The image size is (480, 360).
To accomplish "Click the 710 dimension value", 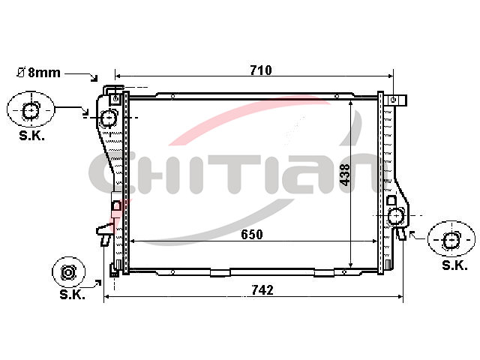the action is pyautogui.click(x=261, y=70).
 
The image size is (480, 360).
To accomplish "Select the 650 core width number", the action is pyautogui.click(x=252, y=235).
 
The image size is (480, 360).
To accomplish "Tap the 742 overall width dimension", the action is pyautogui.click(x=262, y=290).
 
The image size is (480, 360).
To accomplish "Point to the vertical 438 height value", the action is pyautogui.click(x=345, y=175).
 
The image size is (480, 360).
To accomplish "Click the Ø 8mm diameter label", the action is pyautogui.click(x=38, y=73).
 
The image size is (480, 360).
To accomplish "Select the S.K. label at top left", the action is pyautogui.click(x=31, y=135).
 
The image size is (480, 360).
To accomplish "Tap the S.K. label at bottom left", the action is pyautogui.click(x=72, y=295).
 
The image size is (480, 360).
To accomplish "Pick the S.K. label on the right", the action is pyautogui.click(x=455, y=265).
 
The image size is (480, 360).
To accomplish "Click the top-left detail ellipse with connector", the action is pyautogui.click(x=31, y=109).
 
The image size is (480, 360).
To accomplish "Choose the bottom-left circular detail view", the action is pyautogui.click(x=68, y=272).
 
